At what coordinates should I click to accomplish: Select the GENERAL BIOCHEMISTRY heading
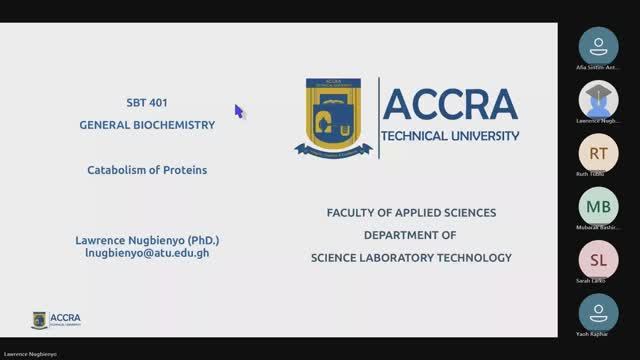pos(147,125)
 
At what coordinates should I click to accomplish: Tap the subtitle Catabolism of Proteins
pos(147,170)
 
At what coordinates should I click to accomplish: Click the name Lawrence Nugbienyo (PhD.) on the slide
pos(147,241)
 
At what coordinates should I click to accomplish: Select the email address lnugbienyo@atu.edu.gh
pos(147,254)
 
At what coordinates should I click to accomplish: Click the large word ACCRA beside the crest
pos(450,104)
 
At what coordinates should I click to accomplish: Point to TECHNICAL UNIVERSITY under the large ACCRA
pos(451,135)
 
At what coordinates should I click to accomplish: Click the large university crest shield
pos(334,118)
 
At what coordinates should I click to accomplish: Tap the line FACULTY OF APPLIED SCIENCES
pos(411,213)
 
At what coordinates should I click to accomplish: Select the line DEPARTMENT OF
pos(410,235)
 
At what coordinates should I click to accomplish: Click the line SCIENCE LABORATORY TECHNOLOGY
pos(410,257)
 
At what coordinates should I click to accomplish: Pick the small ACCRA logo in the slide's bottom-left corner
pos(56,320)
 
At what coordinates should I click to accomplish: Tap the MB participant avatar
pos(598,206)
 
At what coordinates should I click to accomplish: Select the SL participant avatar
pos(598,259)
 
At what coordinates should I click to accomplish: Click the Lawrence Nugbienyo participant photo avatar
pos(598,99)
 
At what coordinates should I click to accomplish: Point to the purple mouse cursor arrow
pos(239,111)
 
